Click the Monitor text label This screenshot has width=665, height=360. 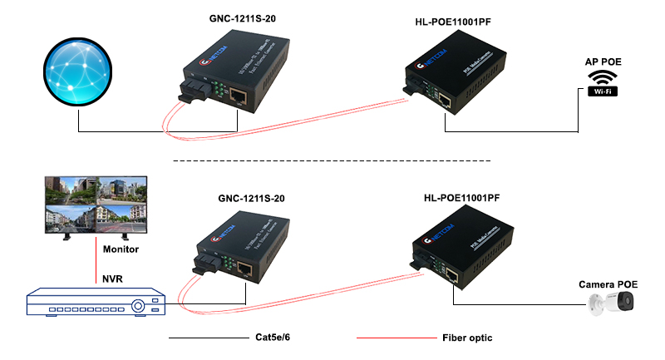121,249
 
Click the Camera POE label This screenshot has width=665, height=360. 608,284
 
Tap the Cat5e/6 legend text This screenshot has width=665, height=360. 275,339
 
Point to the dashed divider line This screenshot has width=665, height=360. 332,160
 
